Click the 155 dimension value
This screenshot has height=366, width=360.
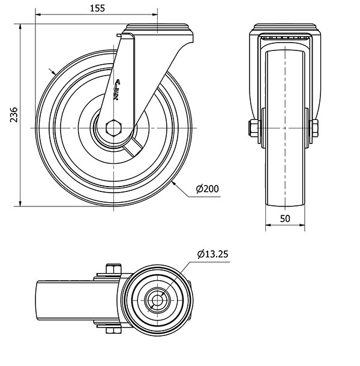[97, 8]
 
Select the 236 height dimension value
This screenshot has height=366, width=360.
[14, 115]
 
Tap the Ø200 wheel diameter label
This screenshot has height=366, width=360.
[208, 189]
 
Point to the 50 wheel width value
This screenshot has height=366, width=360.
[285, 218]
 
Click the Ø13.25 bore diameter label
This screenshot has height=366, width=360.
[212, 254]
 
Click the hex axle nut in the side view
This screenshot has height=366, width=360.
[113, 128]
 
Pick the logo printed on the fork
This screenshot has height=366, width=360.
[116, 89]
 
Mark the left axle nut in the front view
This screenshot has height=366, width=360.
[253, 128]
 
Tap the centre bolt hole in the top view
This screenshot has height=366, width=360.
[158, 300]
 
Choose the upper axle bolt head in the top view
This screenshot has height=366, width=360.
[113, 269]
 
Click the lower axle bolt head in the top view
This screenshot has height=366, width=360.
[113, 330]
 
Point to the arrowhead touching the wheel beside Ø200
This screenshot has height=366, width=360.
[173, 184]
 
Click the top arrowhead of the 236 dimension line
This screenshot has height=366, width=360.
[20, 26]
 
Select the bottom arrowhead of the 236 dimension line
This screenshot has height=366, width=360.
[20, 203]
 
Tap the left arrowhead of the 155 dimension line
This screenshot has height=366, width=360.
[38, 14]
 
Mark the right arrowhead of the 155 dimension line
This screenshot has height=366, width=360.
[155, 14]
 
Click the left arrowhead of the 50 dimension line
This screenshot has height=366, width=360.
[268, 225]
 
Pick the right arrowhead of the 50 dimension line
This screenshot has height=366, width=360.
[302, 225]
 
